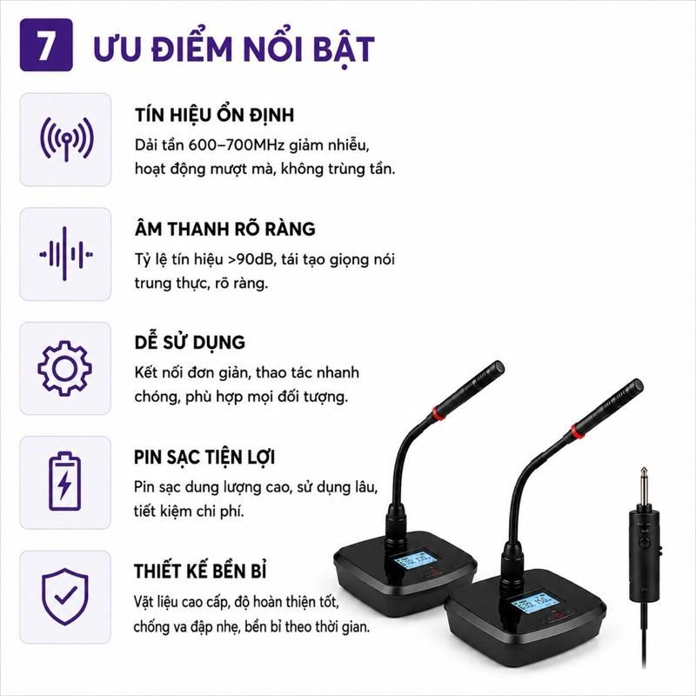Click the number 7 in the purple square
pyautogui.click(x=45, y=45)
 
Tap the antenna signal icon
pyautogui.click(x=67, y=139)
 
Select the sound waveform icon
pyautogui.click(x=66, y=254)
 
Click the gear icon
pyautogui.click(x=64, y=368)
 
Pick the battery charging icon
pyautogui.click(x=64, y=482)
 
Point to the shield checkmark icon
pyautogui.click(x=64, y=596)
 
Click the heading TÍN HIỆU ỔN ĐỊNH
pyautogui.click(x=214, y=115)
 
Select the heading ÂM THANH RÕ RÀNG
pyautogui.click(x=225, y=229)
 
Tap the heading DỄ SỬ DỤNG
pyautogui.click(x=190, y=342)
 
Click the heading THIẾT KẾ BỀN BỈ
pyautogui.click(x=200, y=572)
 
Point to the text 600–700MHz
pyautogui.click(x=237, y=145)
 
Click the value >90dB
pyautogui.click(x=252, y=259)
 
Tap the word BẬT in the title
pyautogui.click(x=345, y=50)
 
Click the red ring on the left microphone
pyautogui.click(x=438, y=414)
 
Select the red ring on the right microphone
pyautogui.click(x=578, y=430)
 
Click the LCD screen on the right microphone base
pyautogui.click(x=534, y=602)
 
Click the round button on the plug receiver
pyautogui.click(x=644, y=541)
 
